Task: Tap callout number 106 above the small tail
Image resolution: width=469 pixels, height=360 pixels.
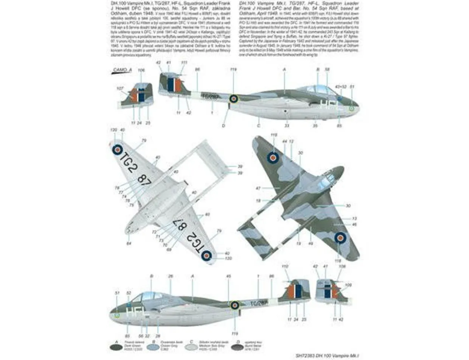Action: tap(141, 70)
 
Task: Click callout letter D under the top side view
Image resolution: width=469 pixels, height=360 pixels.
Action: tap(224, 126)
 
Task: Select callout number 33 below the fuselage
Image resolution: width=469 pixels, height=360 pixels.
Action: tap(287, 126)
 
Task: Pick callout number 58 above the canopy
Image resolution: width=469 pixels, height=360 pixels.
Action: tap(327, 70)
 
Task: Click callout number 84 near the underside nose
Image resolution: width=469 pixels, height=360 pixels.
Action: tap(129, 243)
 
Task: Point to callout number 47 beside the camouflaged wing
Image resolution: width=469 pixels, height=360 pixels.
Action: tap(258, 188)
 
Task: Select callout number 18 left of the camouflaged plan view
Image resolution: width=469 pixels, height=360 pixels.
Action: tap(258, 200)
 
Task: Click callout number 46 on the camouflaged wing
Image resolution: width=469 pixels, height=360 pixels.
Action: tap(354, 224)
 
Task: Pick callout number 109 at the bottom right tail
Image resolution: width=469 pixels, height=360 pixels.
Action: tap(348, 285)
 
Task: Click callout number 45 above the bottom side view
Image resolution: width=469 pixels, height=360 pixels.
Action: tap(228, 276)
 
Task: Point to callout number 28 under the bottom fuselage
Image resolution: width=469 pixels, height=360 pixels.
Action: tap(158, 336)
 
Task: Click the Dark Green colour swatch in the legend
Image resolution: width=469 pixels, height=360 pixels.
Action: tap(115, 346)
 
